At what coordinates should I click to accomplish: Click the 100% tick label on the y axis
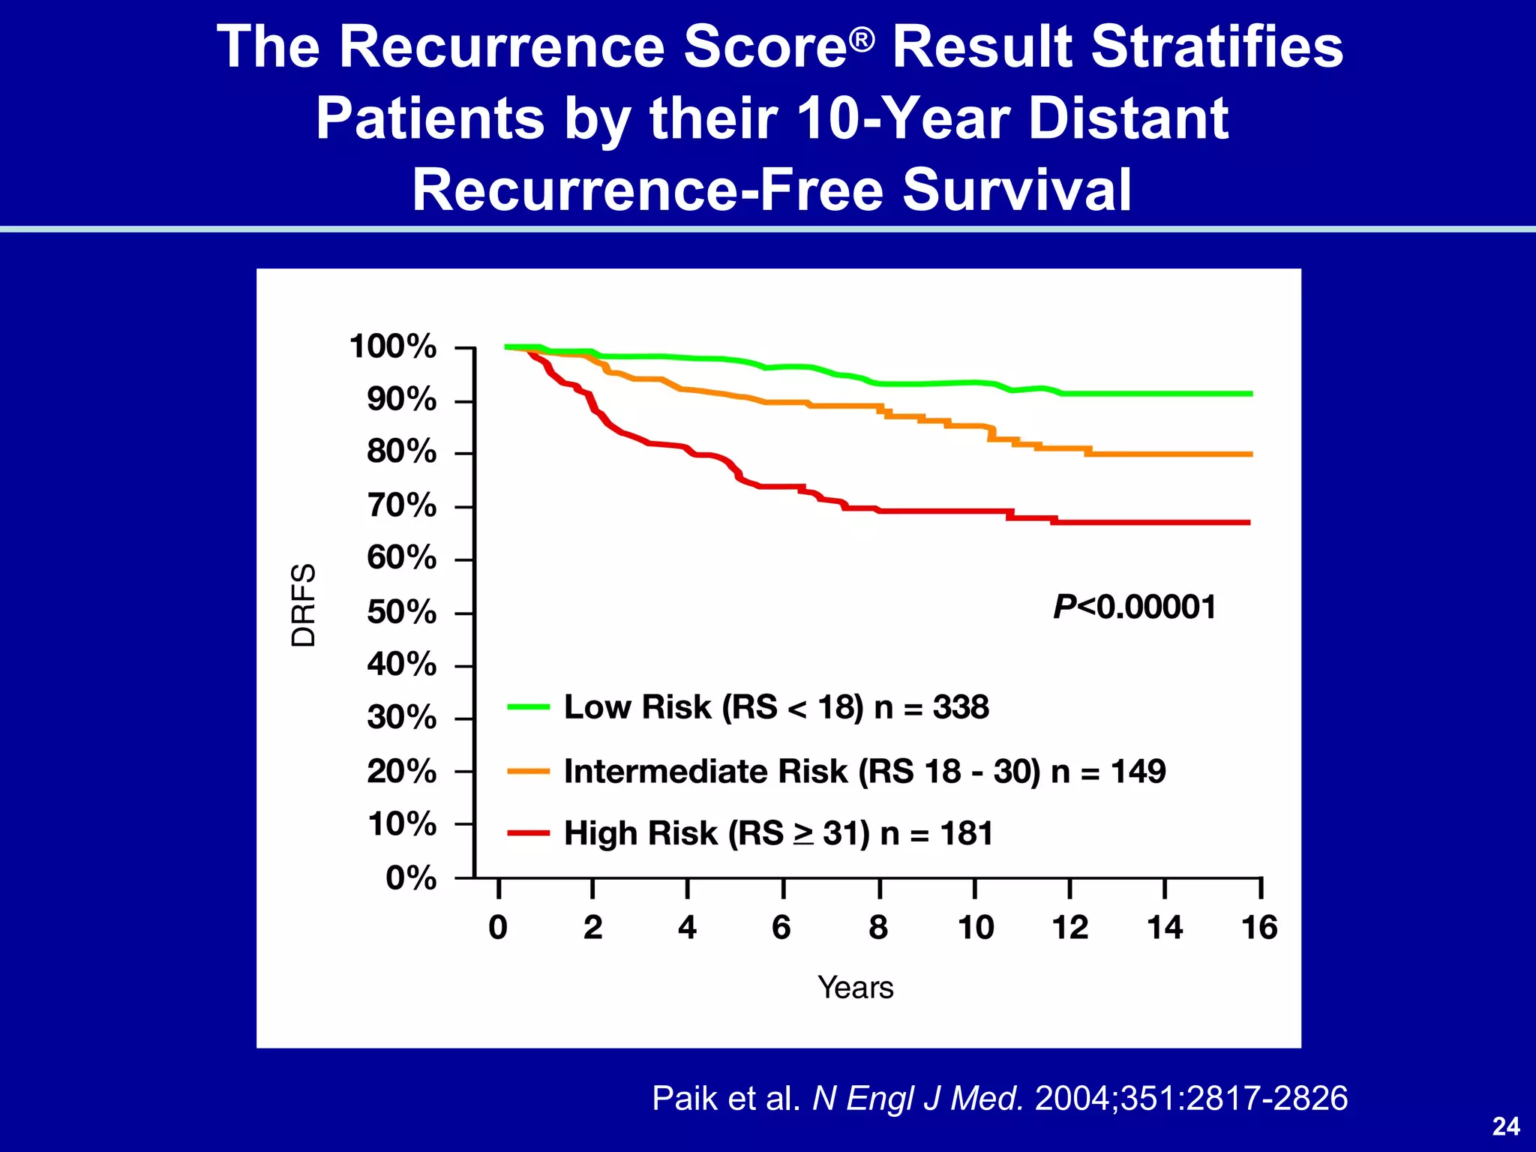click(392, 346)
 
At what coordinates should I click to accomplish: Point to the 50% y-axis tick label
click(401, 613)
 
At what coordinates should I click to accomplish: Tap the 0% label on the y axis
click(411, 877)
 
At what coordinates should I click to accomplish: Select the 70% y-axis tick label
click(401, 505)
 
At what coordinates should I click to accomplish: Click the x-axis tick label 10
click(976, 928)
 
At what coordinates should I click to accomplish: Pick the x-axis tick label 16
click(1259, 928)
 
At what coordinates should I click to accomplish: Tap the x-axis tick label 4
click(687, 928)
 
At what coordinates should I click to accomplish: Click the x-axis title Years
click(856, 988)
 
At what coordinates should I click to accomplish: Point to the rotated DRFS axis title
click(304, 604)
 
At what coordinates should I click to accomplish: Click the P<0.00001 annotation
click(1134, 607)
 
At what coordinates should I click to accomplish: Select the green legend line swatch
click(529, 706)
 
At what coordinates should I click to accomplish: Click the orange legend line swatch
click(529, 771)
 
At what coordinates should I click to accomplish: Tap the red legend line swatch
click(529, 833)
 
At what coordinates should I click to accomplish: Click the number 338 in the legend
click(961, 707)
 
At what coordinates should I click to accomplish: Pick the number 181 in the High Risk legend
click(966, 833)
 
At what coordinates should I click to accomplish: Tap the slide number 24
click(1506, 1126)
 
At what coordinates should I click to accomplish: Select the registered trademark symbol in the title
click(862, 38)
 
